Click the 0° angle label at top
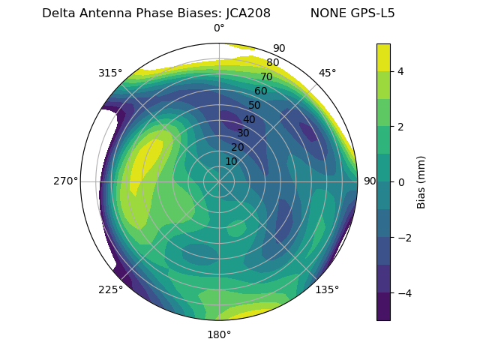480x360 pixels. click(219, 28)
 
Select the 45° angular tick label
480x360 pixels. click(327, 73)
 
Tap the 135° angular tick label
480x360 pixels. click(327, 289)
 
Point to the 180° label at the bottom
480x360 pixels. click(219, 334)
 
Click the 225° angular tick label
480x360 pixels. click(110, 289)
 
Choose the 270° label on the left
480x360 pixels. click(65, 181)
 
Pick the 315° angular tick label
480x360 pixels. click(110, 73)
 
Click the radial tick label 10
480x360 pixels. click(231, 161)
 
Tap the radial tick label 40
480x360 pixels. click(249, 119)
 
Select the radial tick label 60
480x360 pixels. click(260, 91)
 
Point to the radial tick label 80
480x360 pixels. click(272, 63)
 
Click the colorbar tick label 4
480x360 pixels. click(400, 71)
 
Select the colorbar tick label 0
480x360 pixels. click(400, 182)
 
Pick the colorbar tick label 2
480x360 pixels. click(400, 127)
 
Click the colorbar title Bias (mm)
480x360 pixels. click(421, 182)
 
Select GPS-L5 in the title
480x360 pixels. click(369, 13)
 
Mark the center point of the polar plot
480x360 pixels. click(219, 181)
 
